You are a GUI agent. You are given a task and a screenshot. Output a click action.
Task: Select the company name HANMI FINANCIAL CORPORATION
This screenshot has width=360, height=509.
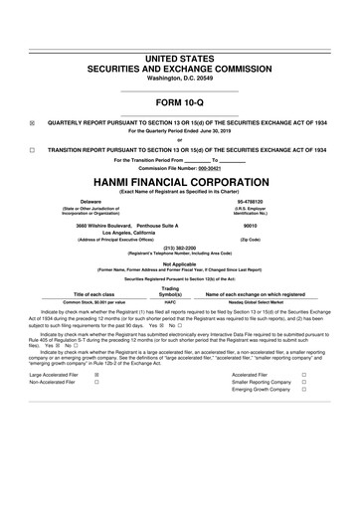(180, 183)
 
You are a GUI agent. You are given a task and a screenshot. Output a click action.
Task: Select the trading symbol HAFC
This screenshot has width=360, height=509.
(169, 302)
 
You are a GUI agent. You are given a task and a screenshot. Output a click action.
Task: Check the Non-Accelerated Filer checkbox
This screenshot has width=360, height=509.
(96, 411)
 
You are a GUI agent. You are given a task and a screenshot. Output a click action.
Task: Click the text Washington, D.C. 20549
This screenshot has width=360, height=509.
(179, 50)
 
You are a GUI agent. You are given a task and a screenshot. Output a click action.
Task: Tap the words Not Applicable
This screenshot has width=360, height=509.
(179, 263)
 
